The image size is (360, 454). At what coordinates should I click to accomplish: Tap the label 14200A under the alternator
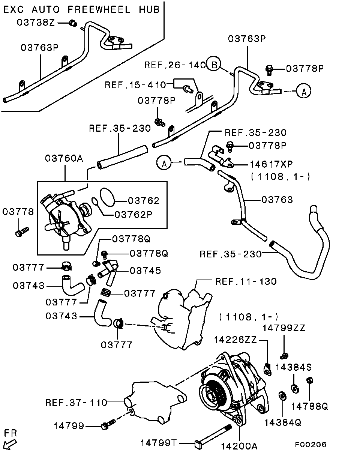239,446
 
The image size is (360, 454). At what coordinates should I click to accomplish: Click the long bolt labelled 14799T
214,437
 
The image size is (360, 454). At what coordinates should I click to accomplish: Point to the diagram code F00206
310,445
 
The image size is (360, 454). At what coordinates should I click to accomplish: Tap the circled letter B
214,65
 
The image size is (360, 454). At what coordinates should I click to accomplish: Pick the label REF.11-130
246,281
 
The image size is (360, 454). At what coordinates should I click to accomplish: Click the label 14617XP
271,164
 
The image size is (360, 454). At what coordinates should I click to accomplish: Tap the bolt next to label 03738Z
73,24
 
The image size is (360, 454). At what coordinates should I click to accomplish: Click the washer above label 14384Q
281,396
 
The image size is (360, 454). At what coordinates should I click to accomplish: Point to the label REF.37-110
76,403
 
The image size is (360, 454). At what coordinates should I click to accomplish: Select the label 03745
145,271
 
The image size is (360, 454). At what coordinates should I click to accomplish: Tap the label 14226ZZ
235,340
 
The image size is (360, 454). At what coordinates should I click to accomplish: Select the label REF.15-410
135,85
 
